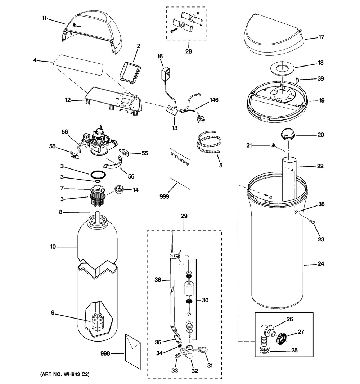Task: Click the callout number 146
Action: tap(213, 100)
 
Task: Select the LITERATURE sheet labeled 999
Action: tap(180, 168)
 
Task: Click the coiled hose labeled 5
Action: tap(208, 142)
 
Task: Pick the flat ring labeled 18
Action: tap(283, 68)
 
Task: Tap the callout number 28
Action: tap(189, 51)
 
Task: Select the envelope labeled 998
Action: tap(133, 351)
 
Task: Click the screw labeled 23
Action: tap(312, 222)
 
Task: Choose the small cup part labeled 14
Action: tap(120, 189)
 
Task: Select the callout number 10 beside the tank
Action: tap(53, 247)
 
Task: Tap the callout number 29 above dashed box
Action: tap(184, 216)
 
